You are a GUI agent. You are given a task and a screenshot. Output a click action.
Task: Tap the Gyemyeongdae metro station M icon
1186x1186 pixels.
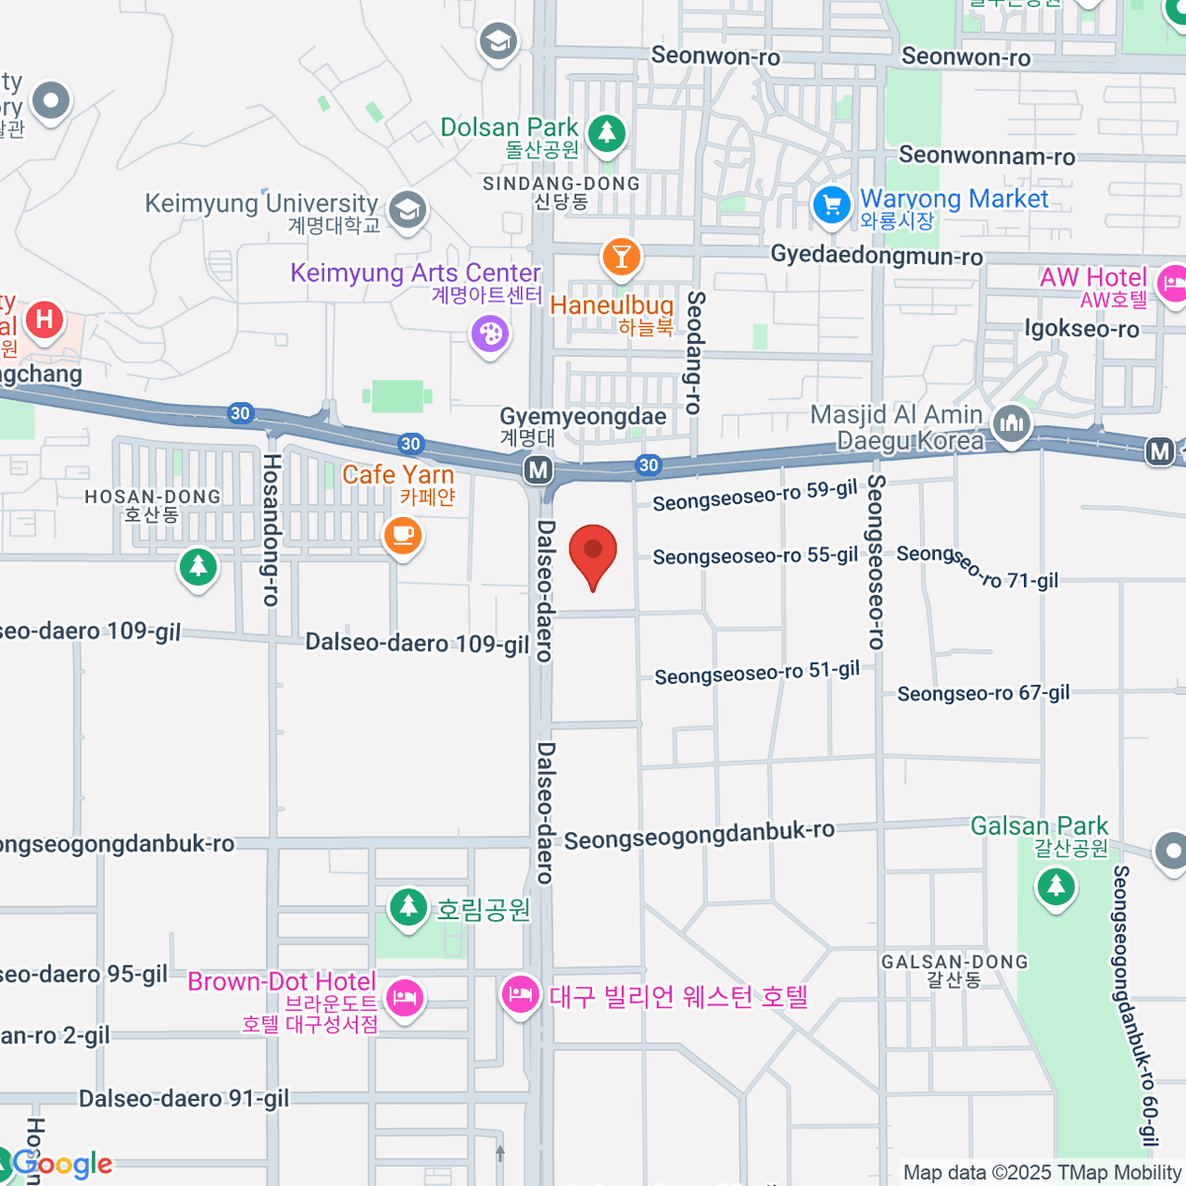pyautogui.click(x=539, y=469)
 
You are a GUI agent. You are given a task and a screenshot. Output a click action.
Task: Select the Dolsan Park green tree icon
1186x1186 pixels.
pyautogui.click(x=606, y=131)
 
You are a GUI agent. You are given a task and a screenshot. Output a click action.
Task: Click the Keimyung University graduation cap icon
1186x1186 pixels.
pyautogui.click(x=407, y=209)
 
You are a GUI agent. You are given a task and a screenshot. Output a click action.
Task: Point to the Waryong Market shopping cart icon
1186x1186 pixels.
pyautogui.click(x=831, y=206)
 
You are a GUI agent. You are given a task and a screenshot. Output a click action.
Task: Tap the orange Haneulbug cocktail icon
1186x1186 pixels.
pyautogui.click(x=621, y=257)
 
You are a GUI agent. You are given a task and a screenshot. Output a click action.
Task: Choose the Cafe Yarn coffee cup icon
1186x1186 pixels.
pyautogui.click(x=402, y=536)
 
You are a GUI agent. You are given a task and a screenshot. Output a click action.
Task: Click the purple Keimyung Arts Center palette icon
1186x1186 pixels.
pyautogui.click(x=490, y=333)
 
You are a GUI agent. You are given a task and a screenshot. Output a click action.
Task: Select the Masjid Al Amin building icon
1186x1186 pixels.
pyautogui.click(x=1011, y=425)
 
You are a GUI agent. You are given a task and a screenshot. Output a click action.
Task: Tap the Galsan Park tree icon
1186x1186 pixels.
pyautogui.click(x=1056, y=886)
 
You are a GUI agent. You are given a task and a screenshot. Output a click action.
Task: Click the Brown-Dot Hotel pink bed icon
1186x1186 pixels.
pyautogui.click(x=405, y=997)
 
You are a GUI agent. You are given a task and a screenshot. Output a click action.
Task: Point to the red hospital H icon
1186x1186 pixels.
pyautogui.click(x=43, y=319)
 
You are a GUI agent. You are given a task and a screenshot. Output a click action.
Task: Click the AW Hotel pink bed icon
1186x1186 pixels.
pyautogui.click(x=1172, y=284)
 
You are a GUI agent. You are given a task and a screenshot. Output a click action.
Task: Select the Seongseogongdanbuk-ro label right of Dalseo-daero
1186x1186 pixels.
pyautogui.click(x=699, y=835)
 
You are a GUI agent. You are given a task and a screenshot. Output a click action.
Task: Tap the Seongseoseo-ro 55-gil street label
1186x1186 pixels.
pyautogui.click(x=755, y=556)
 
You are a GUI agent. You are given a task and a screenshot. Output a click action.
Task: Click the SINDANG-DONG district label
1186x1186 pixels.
pyautogui.click(x=561, y=184)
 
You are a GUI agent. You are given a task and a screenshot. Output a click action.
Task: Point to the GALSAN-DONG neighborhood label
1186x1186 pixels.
pyautogui.click(x=955, y=962)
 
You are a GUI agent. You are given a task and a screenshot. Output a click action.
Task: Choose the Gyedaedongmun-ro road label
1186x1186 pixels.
pyautogui.click(x=877, y=256)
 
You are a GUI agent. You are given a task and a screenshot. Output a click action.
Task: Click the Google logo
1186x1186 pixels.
pyautogui.click(x=61, y=1164)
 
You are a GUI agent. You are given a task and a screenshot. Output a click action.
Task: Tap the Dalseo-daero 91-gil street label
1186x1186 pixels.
pyautogui.click(x=184, y=1099)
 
